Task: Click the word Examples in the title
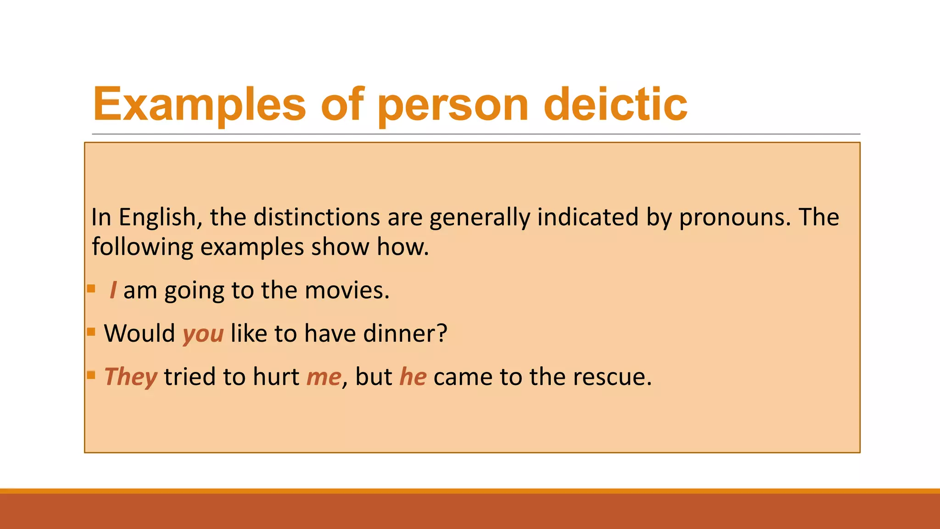point(199,105)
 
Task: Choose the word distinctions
point(317,217)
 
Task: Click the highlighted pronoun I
point(113,290)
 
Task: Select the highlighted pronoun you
point(203,334)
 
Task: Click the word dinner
point(405,333)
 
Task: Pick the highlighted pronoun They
point(131,377)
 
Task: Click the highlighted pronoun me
point(324,377)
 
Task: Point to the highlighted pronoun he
point(413,377)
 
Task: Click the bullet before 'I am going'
point(91,288)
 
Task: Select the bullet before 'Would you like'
point(91,332)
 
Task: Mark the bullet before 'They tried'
point(91,375)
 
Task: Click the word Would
point(140,333)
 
